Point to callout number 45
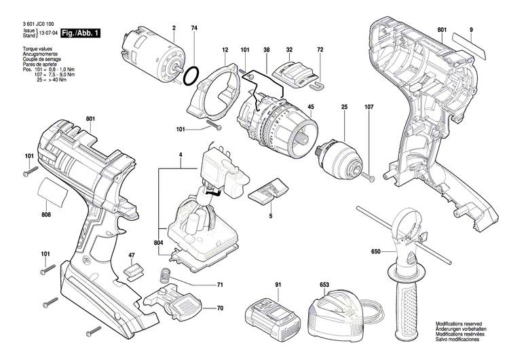coord(310,107)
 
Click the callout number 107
coord(369,107)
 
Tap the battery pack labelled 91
coord(274,316)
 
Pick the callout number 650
coord(375,253)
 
